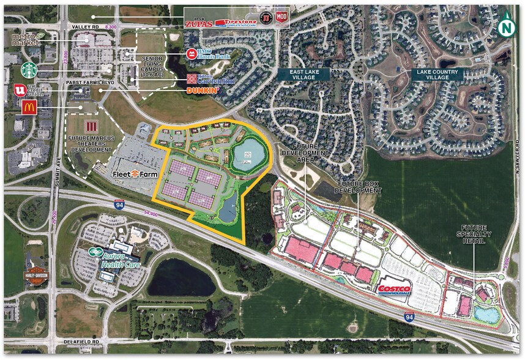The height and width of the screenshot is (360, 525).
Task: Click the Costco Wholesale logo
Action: [x=394, y=290]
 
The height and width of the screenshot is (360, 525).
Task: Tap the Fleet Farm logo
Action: [x=131, y=174]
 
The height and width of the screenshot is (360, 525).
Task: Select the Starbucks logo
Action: [x=29, y=68]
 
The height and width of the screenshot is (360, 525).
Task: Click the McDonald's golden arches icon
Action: [x=28, y=108]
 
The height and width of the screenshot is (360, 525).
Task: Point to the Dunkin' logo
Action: [x=203, y=91]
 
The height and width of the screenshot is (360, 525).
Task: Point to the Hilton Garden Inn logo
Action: [x=207, y=78]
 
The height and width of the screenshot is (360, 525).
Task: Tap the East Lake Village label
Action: [x=304, y=73]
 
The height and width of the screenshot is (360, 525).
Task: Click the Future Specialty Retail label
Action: [x=474, y=234]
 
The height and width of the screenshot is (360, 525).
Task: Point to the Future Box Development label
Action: [x=359, y=187]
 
